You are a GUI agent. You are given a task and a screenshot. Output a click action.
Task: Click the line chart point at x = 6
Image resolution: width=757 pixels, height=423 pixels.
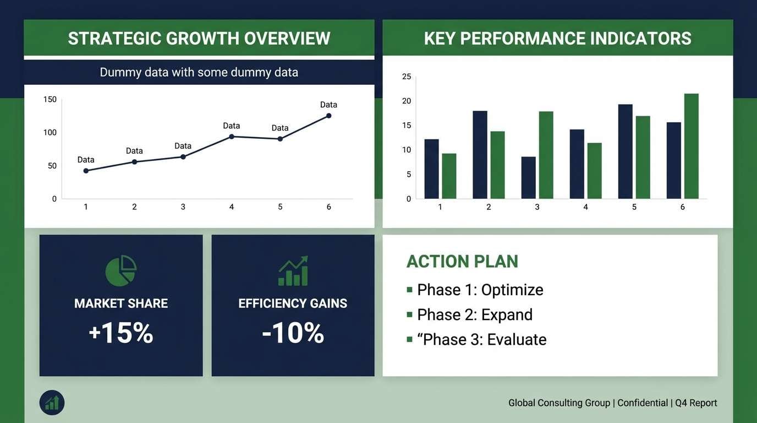click(x=328, y=116)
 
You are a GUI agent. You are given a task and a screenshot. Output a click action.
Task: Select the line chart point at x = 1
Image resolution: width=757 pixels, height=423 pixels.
click(x=86, y=171)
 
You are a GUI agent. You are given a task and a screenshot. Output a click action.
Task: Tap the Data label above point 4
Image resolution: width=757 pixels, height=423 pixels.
click(x=231, y=126)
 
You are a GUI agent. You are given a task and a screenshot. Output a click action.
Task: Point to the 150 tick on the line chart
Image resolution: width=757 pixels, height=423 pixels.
click(x=50, y=99)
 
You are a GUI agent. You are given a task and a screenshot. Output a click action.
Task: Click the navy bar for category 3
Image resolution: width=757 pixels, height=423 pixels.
click(x=529, y=177)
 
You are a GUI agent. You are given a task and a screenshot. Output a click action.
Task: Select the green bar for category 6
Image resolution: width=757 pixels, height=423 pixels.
click(x=691, y=146)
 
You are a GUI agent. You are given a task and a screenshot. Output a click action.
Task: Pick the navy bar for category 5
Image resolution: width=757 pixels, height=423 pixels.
click(x=626, y=151)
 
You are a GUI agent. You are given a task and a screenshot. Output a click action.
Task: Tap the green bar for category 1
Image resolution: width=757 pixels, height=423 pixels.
click(x=449, y=176)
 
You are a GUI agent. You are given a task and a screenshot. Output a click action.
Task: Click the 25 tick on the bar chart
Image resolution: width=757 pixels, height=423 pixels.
click(x=407, y=77)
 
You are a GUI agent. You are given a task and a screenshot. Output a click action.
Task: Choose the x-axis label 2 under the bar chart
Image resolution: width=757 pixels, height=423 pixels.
click(x=489, y=207)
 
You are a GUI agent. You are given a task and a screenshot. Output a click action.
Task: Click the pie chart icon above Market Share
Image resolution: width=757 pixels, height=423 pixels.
click(x=121, y=270)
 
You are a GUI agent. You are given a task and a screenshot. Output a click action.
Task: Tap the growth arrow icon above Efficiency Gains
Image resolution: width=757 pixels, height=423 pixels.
click(x=293, y=270)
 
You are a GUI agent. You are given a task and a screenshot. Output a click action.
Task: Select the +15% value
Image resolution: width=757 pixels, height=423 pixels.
click(x=121, y=333)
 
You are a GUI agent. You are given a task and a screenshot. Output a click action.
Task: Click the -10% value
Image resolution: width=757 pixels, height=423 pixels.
click(x=293, y=333)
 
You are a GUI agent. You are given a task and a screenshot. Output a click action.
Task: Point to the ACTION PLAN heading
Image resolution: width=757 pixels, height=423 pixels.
click(x=462, y=261)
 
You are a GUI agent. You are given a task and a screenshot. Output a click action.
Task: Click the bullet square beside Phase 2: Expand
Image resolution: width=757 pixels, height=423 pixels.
click(x=409, y=314)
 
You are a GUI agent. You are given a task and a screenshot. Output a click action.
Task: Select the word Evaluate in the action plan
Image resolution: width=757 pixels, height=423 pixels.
click(x=517, y=339)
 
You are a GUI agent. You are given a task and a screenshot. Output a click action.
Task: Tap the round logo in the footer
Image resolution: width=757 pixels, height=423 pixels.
click(x=52, y=403)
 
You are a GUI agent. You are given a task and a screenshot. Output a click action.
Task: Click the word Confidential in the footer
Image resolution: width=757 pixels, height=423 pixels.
click(x=642, y=403)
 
